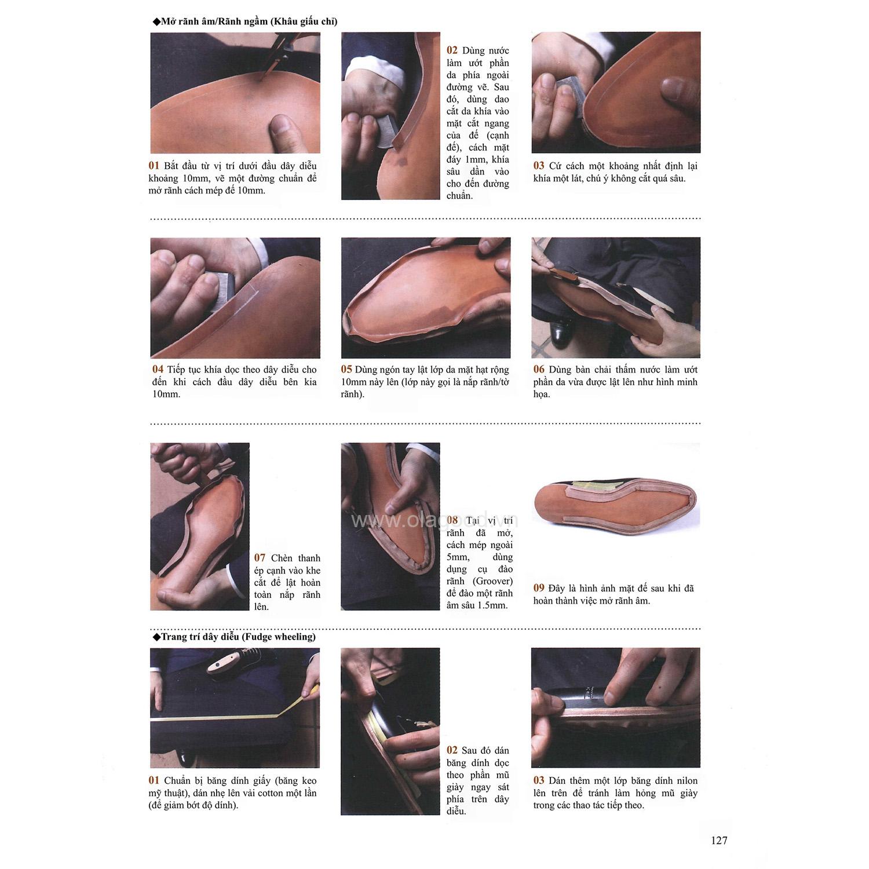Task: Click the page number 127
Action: coord(718,840)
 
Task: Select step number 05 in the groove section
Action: coord(346,370)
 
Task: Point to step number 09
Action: coord(539,588)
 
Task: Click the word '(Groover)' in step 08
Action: coord(492,581)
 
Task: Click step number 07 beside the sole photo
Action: coord(260,558)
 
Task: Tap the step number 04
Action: coord(158,370)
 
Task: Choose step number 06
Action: coord(539,370)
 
